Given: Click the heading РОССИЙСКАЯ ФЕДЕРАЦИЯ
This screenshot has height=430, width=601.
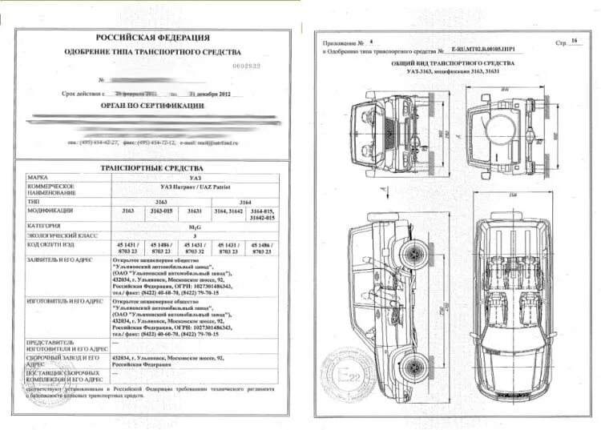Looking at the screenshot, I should (152, 37).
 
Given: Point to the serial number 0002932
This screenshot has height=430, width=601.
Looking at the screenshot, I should (247, 66).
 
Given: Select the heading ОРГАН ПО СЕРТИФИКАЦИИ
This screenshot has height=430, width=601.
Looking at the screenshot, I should (152, 105).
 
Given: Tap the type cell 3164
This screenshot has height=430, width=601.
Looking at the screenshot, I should (244, 201).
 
